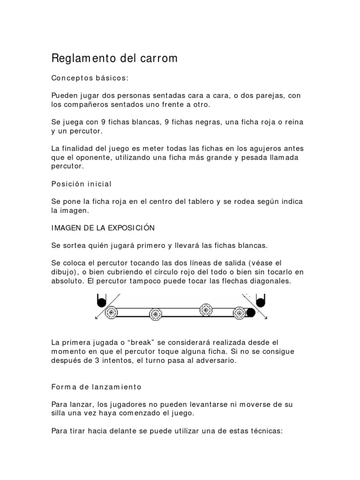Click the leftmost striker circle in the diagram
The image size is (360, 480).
112,312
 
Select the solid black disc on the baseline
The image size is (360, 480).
251,312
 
